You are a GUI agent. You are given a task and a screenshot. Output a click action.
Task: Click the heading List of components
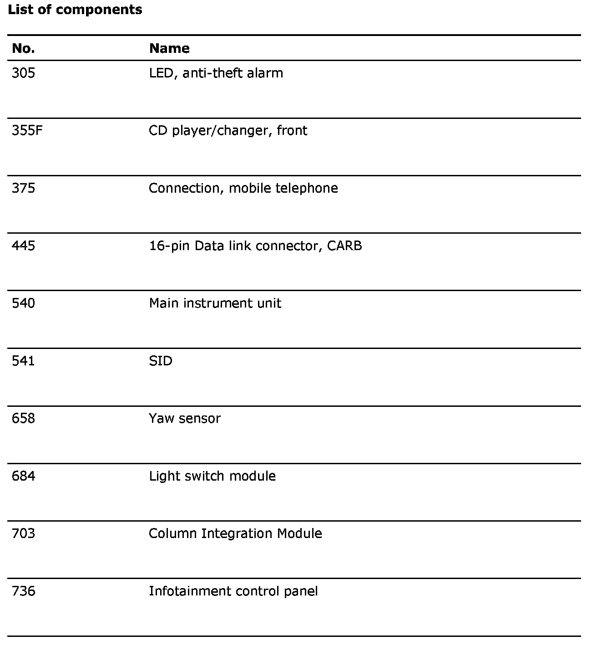point(75,10)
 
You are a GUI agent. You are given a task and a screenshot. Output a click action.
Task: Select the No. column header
point(23,48)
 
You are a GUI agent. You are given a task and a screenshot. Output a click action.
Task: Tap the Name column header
point(169,48)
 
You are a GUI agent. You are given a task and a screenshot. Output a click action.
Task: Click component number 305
point(23,73)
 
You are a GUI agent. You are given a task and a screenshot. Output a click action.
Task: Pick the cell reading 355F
point(27,131)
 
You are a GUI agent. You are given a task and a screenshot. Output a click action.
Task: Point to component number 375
point(23,188)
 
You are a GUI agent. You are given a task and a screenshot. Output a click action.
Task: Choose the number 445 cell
point(23,246)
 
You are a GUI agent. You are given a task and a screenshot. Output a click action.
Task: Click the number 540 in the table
point(23,303)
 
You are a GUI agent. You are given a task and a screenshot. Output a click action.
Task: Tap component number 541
point(23,361)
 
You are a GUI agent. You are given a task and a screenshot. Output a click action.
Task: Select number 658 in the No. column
point(23,419)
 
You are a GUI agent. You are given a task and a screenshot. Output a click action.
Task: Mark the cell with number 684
point(23,477)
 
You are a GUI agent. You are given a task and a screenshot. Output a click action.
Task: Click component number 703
point(23,534)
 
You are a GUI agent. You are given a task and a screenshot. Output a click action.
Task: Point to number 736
point(23,591)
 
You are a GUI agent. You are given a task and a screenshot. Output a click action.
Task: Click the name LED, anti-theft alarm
point(216,73)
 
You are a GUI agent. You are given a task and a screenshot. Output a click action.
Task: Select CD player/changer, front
point(228,131)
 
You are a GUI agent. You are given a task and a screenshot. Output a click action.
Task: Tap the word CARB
point(344,246)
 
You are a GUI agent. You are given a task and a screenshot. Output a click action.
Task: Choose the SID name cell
point(161,361)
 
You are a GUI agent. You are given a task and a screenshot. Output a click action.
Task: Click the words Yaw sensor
point(185,419)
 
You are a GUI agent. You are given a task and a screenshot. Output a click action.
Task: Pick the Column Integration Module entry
point(235,534)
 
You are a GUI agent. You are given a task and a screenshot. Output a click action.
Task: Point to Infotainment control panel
point(233,591)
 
